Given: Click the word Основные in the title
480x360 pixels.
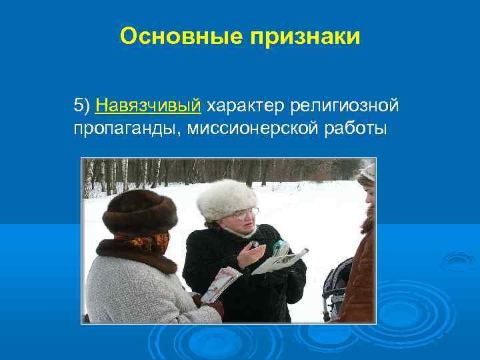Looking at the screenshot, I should pyautogui.click(x=181, y=37).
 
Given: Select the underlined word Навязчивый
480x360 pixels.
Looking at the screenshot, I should pyautogui.click(x=148, y=105).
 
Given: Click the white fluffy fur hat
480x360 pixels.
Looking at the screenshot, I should pyautogui.click(x=227, y=198).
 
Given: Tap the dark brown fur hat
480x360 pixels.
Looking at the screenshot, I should pyautogui.click(x=140, y=211).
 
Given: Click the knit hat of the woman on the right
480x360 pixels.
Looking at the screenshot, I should pyautogui.click(x=367, y=174).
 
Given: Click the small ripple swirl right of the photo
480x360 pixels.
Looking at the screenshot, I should pyautogui.click(x=457, y=261).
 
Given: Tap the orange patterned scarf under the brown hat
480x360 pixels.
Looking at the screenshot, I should pyautogui.click(x=143, y=241).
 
